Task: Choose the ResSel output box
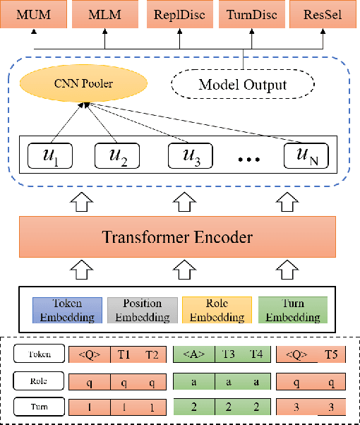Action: (x=319, y=14)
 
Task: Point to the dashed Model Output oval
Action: (x=242, y=85)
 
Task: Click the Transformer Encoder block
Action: (x=178, y=237)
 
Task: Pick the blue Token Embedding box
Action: (x=64, y=310)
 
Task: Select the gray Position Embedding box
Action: (x=142, y=310)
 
